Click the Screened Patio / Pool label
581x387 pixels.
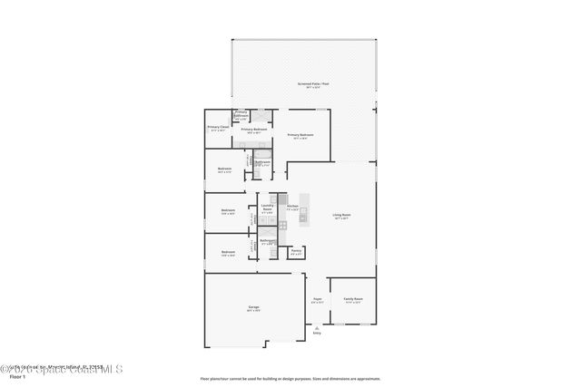[308, 85]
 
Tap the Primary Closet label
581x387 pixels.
[218, 128]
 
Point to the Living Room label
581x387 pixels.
[341, 217]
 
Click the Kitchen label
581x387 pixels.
[292, 208]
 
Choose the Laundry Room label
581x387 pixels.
[268, 208]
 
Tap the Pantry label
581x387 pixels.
[296, 252]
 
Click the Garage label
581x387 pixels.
[254, 308]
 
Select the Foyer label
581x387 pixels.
[318, 300]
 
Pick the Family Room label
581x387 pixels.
[353, 300]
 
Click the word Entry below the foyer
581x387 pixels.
[317, 334]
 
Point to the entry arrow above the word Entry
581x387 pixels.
[317, 327]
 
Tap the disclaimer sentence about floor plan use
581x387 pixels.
[290, 378]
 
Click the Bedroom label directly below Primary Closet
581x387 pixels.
[224, 169]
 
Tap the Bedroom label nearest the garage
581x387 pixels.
[228, 253]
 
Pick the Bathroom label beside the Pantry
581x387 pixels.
[268, 242]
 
